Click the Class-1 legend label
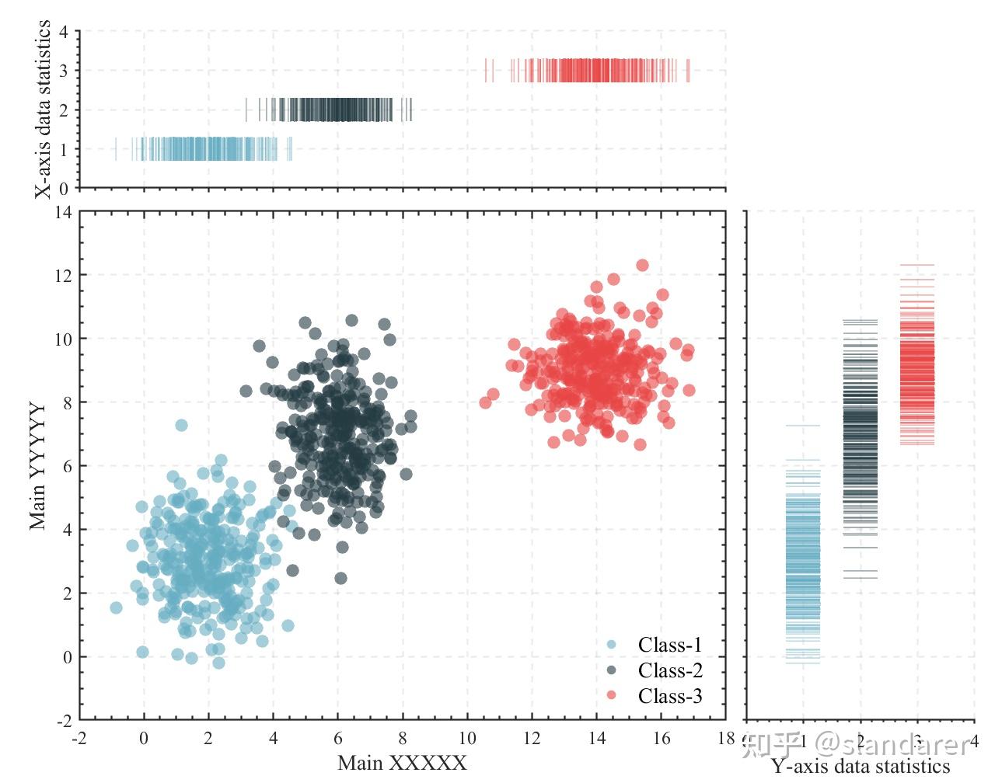[x=669, y=645]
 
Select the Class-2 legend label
[x=669, y=670]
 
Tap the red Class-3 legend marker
[x=611, y=695]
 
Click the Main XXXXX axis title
[x=402, y=763]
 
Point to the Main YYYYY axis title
[x=38, y=465]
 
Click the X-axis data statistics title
[x=44, y=110]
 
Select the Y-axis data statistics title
[x=860, y=767]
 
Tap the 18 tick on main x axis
[x=726, y=737]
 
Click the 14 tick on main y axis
[x=63, y=212]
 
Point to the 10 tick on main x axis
[x=467, y=737]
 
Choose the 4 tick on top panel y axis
[x=64, y=32]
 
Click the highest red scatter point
[x=642, y=266]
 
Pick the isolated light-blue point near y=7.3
[x=181, y=425]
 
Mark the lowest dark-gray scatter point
[x=340, y=578]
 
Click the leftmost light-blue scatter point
[x=116, y=607]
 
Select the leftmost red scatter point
[x=485, y=402]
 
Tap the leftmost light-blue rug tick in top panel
[x=116, y=149]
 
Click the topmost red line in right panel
[x=916, y=266]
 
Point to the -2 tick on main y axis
[x=63, y=720]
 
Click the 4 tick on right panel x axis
[x=973, y=737]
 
